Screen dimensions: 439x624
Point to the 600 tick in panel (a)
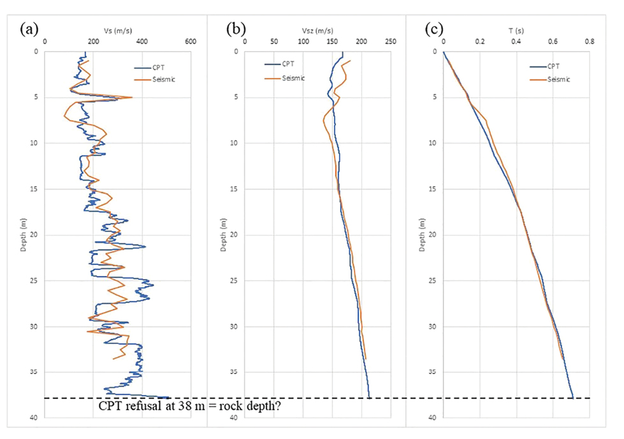click(190, 41)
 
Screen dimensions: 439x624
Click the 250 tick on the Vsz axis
click(391, 41)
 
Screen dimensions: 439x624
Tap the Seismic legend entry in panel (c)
click(558, 80)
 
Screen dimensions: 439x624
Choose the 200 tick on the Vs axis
click(93, 41)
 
